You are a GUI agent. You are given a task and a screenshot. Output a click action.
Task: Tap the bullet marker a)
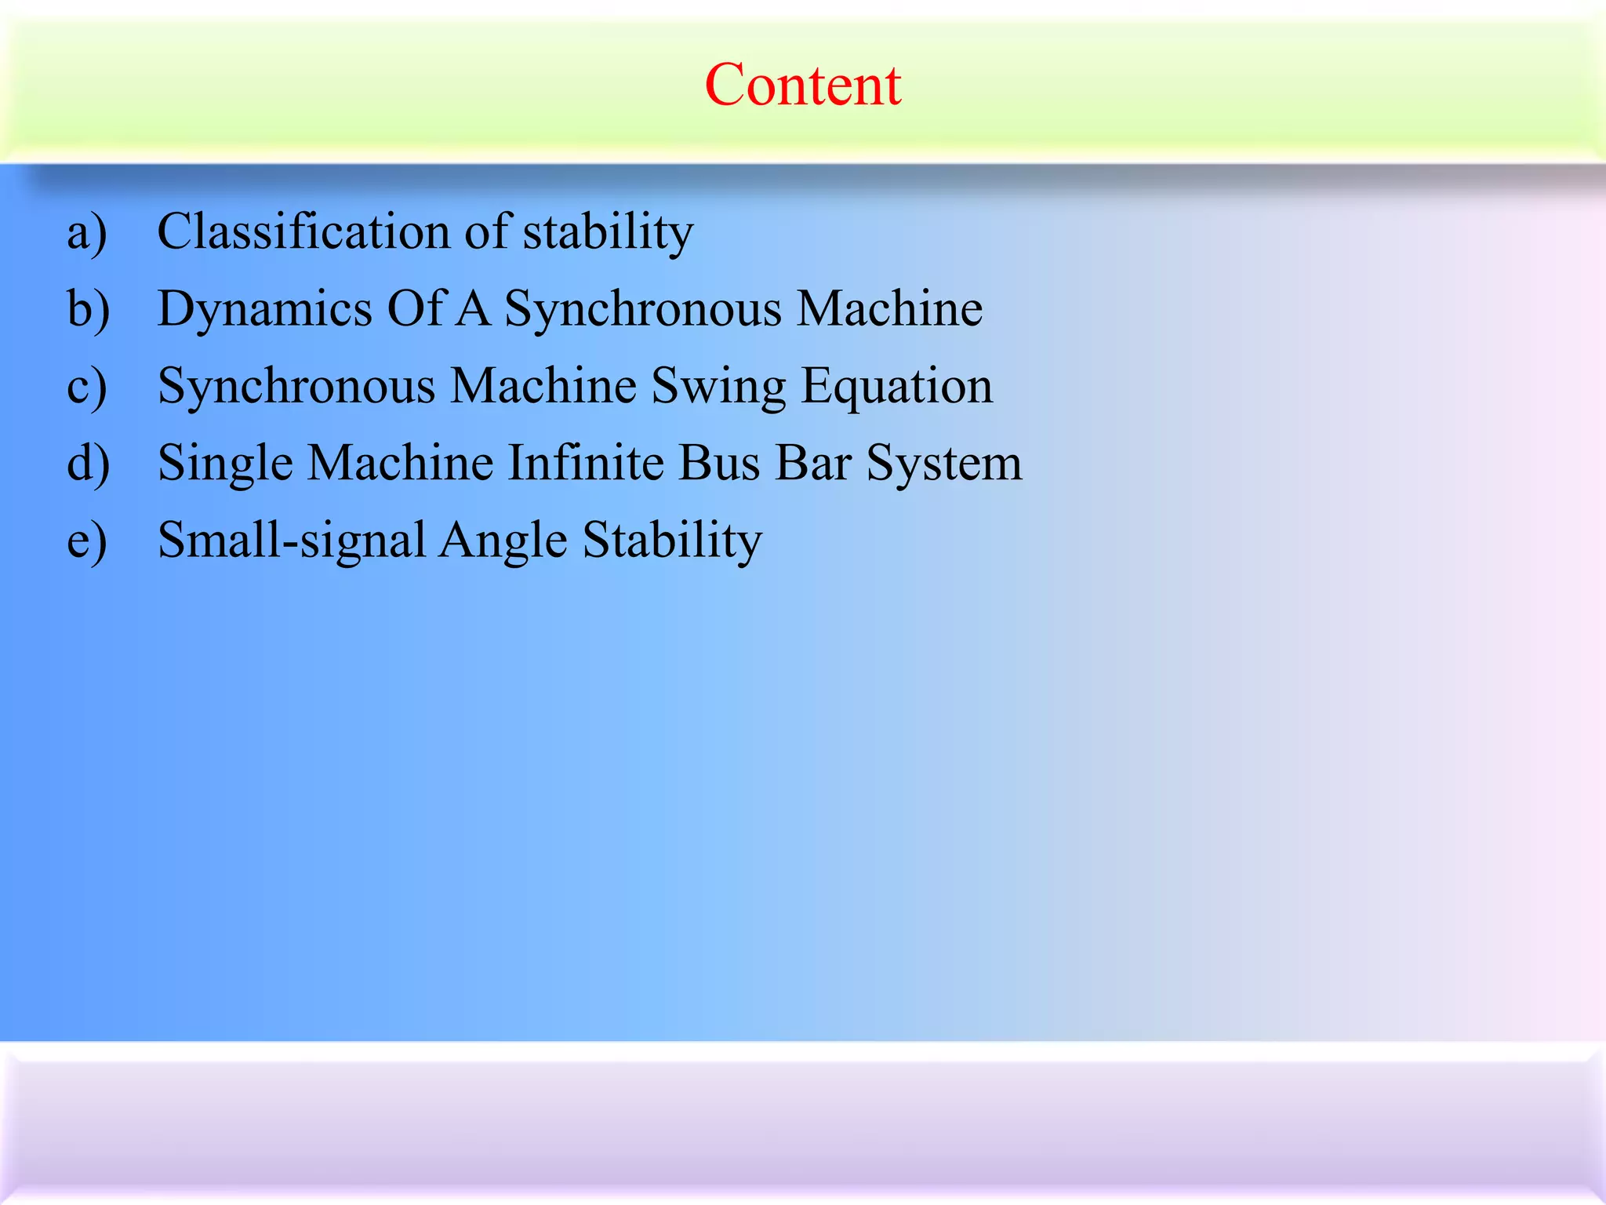pyautogui.click(x=87, y=233)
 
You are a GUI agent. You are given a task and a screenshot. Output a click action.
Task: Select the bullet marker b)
pyautogui.click(x=89, y=309)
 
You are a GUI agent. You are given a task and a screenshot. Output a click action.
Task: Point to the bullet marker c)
pyautogui.click(x=87, y=387)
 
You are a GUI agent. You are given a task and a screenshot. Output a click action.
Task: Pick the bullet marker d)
pyautogui.click(x=89, y=463)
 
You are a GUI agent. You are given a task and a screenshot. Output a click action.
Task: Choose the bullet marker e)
pyautogui.click(x=87, y=541)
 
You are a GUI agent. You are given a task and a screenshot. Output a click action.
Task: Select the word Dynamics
pyautogui.click(x=264, y=309)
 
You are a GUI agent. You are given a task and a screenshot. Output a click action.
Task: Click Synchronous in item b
pyautogui.click(x=642, y=309)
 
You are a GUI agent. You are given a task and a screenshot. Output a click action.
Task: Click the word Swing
pyautogui.click(x=718, y=387)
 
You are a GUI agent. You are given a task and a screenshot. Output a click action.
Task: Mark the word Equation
pyautogui.click(x=896, y=387)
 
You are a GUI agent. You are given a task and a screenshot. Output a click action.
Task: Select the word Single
pyautogui.click(x=225, y=463)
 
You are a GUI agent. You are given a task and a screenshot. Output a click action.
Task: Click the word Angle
pyautogui.click(x=503, y=541)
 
